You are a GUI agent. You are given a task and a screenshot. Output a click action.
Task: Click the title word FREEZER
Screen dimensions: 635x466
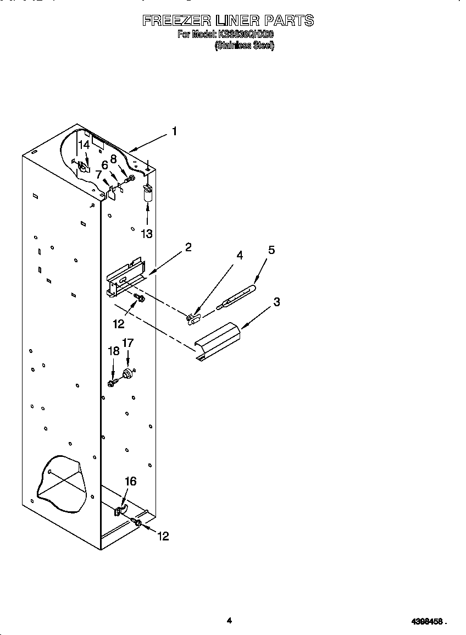tap(176, 21)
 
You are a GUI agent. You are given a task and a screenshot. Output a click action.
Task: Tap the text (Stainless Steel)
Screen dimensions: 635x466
tap(244, 46)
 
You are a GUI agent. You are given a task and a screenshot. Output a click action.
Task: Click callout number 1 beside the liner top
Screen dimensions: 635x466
tap(174, 131)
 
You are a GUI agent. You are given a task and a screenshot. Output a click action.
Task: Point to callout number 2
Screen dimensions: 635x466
tap(188, 247)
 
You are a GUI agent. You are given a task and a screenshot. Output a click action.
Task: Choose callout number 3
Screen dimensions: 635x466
tap(276, 301)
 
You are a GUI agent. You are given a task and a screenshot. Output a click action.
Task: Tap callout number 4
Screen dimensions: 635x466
tap(240, 255)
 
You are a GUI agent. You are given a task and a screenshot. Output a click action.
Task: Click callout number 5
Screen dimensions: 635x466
tap(271, 250)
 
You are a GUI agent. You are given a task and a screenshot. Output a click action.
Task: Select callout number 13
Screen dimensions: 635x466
tap(146, 234)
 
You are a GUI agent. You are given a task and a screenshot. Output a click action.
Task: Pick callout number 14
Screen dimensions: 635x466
tap(84, 145)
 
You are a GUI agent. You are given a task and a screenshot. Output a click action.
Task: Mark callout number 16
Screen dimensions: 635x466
tap(130, 482)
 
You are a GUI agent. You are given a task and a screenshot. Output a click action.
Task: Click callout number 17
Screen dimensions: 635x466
tap(127, 343)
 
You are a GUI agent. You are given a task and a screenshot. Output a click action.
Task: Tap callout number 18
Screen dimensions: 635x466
tap(113, 351)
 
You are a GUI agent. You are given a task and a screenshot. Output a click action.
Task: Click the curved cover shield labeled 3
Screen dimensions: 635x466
tap(219, 342)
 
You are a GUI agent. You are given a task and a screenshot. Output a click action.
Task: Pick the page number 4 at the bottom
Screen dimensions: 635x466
tap(229, 621)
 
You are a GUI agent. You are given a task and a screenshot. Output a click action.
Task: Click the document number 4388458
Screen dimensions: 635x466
tap(428, 622)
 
